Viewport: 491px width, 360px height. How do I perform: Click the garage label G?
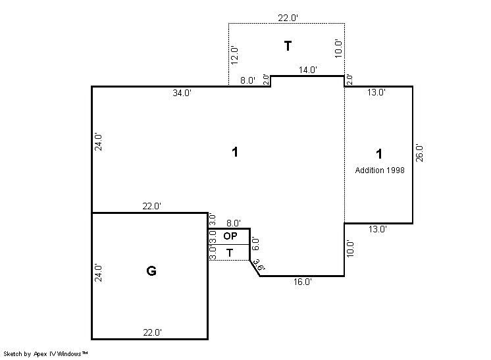tap(151, 270)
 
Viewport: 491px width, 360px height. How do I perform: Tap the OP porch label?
tap(230, 236)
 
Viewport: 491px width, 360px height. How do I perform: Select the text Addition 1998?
tap(380, 170)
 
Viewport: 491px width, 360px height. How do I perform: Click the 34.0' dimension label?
tap(182, 93)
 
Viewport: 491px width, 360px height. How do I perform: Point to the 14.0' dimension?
tap(308, 70)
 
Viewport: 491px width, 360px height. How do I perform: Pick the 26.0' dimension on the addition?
tap(419, 153)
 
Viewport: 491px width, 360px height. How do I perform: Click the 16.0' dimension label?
tap(303, 282)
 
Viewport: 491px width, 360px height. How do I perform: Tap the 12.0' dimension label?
tap(234, 55)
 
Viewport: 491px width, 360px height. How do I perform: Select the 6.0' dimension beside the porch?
tap(255, 244)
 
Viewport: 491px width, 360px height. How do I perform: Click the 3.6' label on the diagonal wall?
tap(259, 265)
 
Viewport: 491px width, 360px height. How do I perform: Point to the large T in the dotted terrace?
tap(288, 46)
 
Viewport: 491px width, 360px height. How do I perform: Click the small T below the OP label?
tap(230, 253)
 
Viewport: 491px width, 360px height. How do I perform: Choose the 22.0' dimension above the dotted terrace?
tap(288, 18)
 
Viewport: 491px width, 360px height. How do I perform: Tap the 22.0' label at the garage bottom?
tap(153, 332)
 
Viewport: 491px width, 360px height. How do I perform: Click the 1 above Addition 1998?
tap(379, 154)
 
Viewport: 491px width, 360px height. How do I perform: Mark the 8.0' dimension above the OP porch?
tap(234, 223)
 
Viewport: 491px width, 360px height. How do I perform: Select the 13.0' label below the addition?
tap(377, 229)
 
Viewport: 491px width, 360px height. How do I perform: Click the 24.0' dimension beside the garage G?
tap(98, 273)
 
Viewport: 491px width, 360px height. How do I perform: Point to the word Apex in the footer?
tap(40, 354)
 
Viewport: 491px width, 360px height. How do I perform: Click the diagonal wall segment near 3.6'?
tap(255, 268)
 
